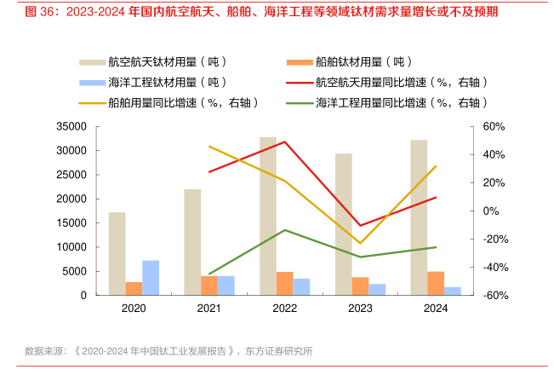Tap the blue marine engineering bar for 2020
tap(151, 277)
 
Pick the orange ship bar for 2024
tap(436, 283)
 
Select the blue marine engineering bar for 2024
tap(452, 291)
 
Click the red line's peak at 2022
tap(284, 141)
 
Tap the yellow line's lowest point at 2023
tap(360, 243)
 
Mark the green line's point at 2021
tap(209, 274)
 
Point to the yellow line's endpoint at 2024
tap(436, 166)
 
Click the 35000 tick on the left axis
tap(72, 126)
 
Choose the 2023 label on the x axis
tap(360, 308)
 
